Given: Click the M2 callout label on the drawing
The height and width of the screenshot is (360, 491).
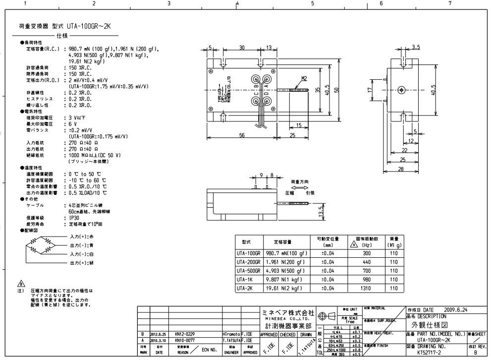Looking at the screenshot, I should [304, 78].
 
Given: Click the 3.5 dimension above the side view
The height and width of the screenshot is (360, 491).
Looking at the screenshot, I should [416, 47].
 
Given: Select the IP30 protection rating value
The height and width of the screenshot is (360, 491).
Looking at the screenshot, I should [73, 217].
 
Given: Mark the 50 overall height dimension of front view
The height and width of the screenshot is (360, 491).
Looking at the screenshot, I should [336, 89].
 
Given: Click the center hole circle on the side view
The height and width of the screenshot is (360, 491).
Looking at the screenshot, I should [402, 89].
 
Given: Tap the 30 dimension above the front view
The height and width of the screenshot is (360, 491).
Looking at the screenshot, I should [242, 48].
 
